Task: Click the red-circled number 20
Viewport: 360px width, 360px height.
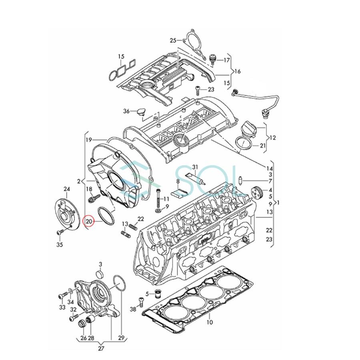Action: (88, 221)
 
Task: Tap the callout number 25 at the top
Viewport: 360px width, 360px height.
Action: (173, 40)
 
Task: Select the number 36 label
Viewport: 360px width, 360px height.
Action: (126, 111)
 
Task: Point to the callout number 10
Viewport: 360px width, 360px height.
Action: (210, 322)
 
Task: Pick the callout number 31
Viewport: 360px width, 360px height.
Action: (195, 167)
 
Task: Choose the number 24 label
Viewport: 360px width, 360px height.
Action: (66, 189)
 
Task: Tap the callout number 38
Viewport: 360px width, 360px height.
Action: (133, 310)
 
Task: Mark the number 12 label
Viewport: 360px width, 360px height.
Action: (273, 138)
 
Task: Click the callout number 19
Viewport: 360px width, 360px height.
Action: (88, 140)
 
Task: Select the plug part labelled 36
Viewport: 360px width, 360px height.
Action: (140, 112)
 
